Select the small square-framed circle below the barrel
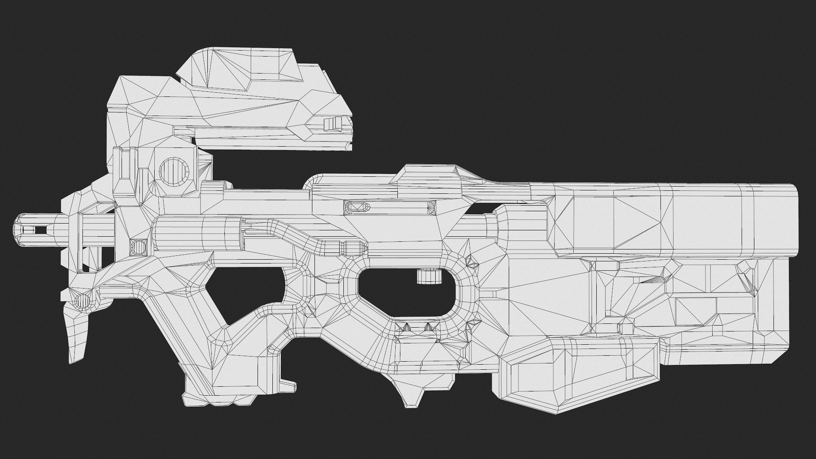click(x=138, y=247)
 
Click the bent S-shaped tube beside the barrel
click(x=297, y=236)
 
